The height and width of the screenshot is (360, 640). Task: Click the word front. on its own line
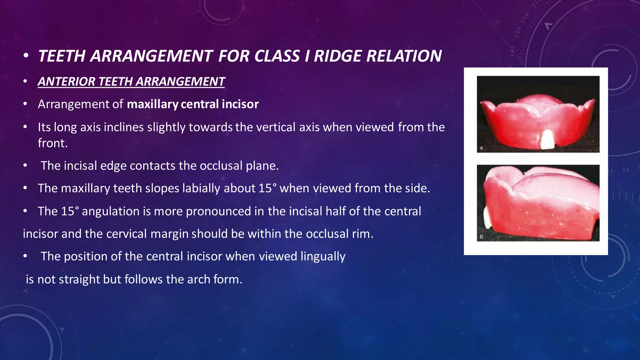(x=52, y=143)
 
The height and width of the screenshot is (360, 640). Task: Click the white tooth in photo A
(x=547, y=139)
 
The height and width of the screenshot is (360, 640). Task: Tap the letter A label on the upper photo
(x=482, y=148)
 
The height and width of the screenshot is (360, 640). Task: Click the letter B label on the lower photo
(x=482, y=237)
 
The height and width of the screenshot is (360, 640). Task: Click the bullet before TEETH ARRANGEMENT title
(x=26, y=56)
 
